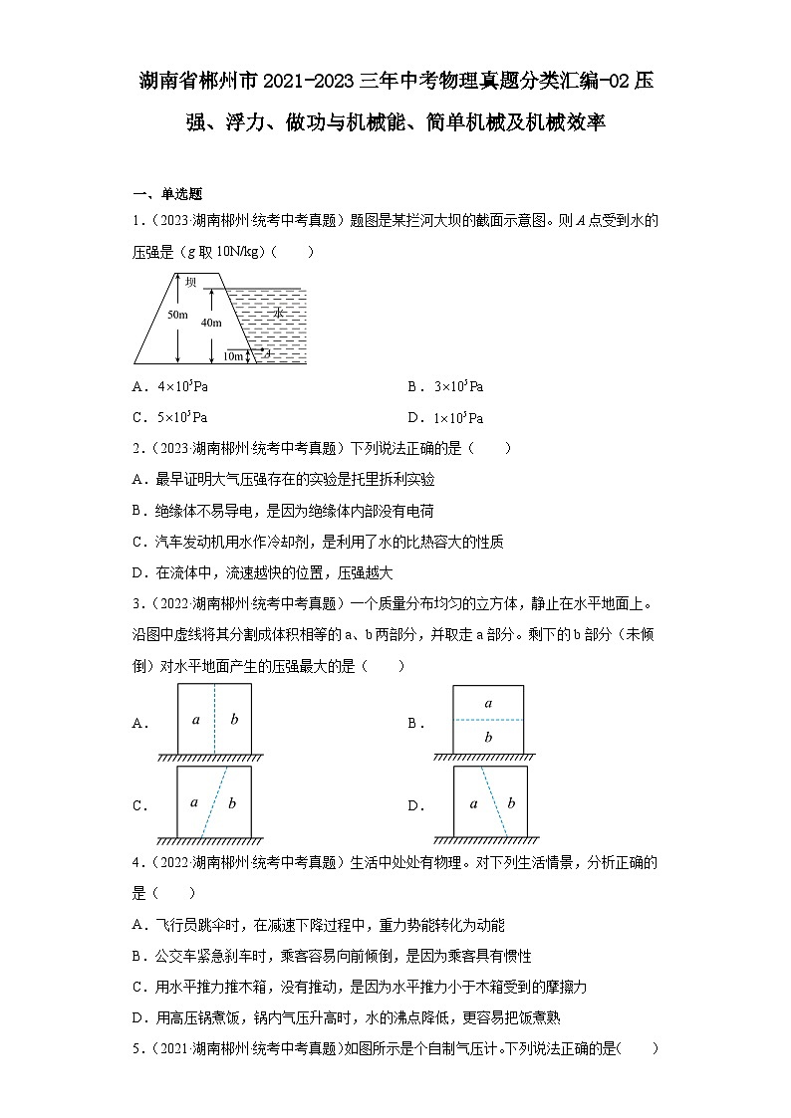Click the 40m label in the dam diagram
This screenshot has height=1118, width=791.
coord(210,323)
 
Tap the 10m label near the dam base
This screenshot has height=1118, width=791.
coord(234,355)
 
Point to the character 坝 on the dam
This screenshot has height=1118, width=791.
coord(190,282)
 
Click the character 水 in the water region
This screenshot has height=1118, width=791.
coord(278,313)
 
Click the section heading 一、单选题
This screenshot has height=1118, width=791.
coord(167,194)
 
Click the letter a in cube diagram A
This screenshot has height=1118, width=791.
coord(196,719)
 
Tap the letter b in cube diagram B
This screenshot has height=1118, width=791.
coord(488,738)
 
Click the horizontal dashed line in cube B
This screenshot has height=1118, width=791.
coord(488,720)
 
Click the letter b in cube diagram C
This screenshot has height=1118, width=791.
coord(232,802)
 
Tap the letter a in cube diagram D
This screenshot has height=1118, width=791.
coord(473,802)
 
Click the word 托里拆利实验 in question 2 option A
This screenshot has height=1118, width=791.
coord(390,479)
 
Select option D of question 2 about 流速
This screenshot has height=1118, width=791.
coord(262,573)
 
